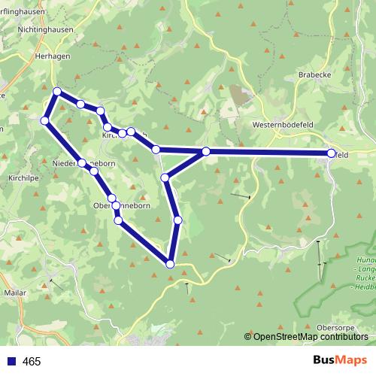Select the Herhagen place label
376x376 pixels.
coord(52,56)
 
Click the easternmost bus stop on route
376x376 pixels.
coord(332,153)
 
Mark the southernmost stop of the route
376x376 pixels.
coord(170,264)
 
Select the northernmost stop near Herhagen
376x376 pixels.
coord(57,91)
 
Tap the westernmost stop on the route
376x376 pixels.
coord(44,120)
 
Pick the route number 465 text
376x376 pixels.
coord(32,362)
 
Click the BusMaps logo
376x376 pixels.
coord(340,361)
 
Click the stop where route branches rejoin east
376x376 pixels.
coord(205,152)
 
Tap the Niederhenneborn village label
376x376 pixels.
coord(83,164)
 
